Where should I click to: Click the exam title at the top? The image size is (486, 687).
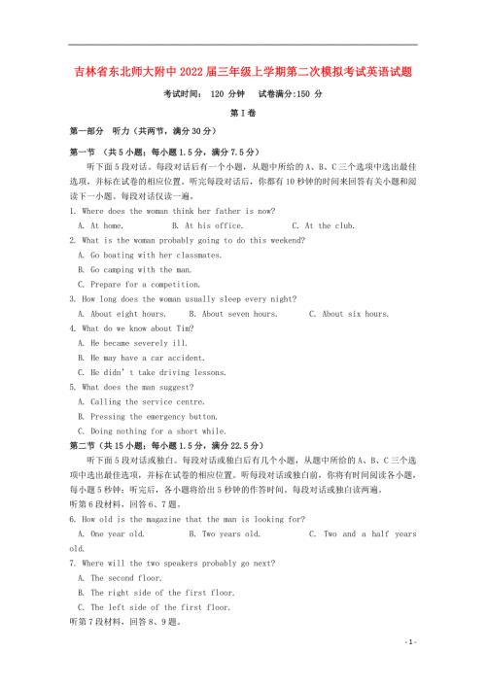243,71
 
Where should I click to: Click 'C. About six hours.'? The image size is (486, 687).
349,314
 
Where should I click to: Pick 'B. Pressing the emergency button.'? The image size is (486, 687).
141,416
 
